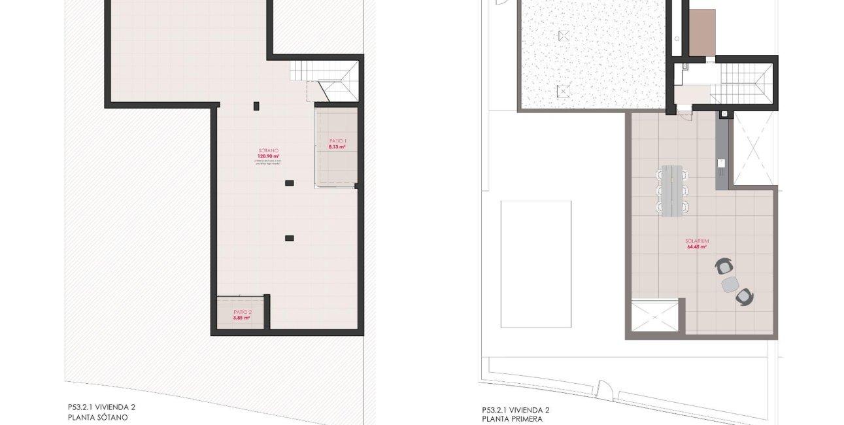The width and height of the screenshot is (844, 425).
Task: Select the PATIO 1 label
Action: point(337,141)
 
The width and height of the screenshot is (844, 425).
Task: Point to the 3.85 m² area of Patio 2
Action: point(242,318)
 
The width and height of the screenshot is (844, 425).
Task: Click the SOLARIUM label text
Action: point(698,241)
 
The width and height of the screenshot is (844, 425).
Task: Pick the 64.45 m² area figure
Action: point(698,247)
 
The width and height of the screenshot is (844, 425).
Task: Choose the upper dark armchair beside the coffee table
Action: point(724,266)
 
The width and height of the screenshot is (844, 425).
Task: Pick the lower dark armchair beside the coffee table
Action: point(744,297)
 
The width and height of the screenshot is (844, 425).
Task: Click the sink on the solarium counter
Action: point(722,163)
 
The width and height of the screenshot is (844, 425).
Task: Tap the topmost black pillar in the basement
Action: point(256,105)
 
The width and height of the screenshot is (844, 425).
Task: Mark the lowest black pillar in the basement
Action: point(289,238)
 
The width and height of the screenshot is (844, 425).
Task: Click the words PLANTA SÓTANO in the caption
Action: point(97,416)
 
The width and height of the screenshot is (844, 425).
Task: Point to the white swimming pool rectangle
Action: point(535,263)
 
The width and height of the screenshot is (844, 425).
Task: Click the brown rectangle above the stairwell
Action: point(703,32)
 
